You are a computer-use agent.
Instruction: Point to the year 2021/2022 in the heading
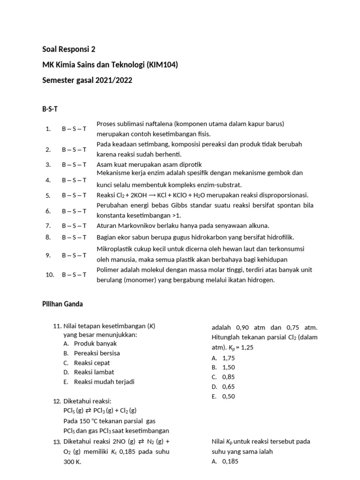coord(114,80)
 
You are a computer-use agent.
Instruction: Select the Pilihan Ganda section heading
coord(62,304)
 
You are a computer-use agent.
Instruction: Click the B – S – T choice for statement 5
coord(74,195)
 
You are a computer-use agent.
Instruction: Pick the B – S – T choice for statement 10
coord(74,275)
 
